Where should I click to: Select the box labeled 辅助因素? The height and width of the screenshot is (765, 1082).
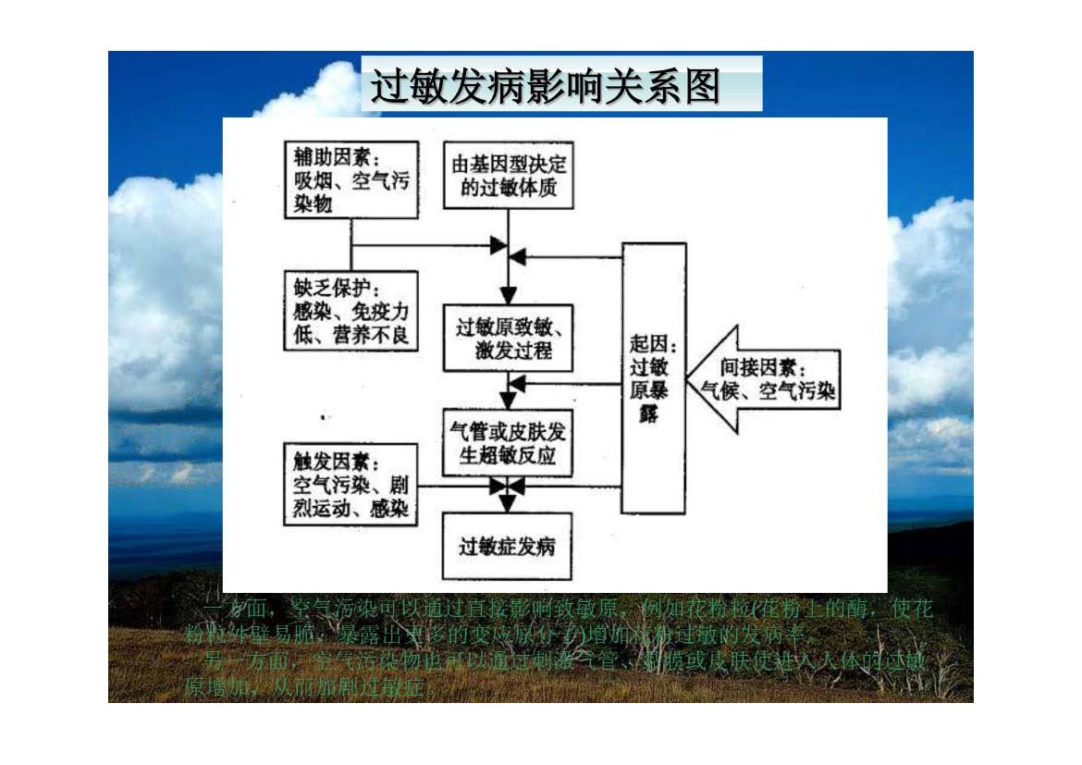(x=350, y=179)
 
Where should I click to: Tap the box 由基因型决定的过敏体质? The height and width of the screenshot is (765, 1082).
(x=508, y=176)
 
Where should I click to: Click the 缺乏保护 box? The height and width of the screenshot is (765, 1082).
(x=350, y=310)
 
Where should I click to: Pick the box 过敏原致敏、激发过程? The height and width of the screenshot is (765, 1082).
(x=508, y=339)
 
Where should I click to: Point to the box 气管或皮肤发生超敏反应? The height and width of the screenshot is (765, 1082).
(x=508, y=442)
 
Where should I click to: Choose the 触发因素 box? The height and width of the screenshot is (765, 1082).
(x=350, y=484)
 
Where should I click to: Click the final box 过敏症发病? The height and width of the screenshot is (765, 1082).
(x=508, y=546)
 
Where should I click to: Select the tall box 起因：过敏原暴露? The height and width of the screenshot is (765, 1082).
(x=654, y=377)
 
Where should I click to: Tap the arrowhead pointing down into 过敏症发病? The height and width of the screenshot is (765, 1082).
(x=508, y=502)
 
